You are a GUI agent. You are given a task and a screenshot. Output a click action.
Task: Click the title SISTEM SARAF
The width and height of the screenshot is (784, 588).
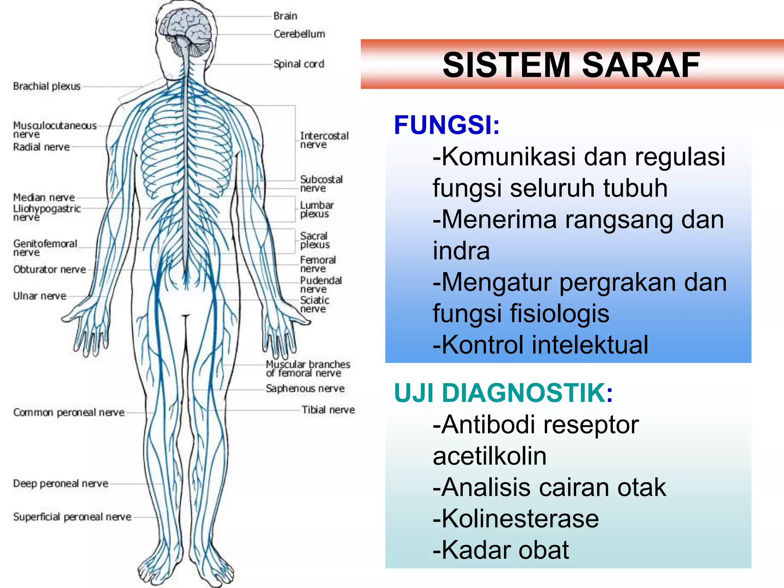571,65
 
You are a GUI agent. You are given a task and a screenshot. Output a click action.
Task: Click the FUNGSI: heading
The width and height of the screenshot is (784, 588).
447,125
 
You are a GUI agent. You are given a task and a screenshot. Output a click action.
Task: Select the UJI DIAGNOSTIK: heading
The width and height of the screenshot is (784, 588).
503,393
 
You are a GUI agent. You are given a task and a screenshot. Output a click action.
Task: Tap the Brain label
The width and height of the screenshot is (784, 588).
285,16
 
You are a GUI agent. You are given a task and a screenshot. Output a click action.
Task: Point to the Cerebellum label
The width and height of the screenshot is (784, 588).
299,34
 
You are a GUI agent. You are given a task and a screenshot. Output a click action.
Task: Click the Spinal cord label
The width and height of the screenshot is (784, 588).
299,64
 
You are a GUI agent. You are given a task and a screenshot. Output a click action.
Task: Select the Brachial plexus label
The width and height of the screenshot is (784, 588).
47,86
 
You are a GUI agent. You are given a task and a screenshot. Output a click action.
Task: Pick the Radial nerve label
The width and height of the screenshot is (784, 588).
41,147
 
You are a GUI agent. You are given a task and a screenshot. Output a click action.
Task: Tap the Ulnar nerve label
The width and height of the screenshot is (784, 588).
39,296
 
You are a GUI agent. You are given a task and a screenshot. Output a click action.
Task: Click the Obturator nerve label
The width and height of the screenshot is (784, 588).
49,269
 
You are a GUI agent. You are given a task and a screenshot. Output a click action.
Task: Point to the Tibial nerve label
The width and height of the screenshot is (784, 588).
328,410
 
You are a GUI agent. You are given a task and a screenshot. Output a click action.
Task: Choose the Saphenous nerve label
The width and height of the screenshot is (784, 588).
305,389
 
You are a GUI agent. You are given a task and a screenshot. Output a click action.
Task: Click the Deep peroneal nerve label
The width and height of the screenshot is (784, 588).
60,483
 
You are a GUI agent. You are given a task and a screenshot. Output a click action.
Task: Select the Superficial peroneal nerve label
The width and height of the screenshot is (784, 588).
72,517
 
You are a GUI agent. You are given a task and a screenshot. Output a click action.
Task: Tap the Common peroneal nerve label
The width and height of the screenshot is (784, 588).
69,412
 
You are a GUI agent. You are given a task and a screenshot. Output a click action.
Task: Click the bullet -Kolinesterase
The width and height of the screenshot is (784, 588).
516,519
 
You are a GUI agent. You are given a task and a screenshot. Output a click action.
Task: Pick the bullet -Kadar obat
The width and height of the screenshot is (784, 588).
501,550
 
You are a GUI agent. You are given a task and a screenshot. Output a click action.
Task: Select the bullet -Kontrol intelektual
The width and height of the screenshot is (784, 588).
541,345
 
